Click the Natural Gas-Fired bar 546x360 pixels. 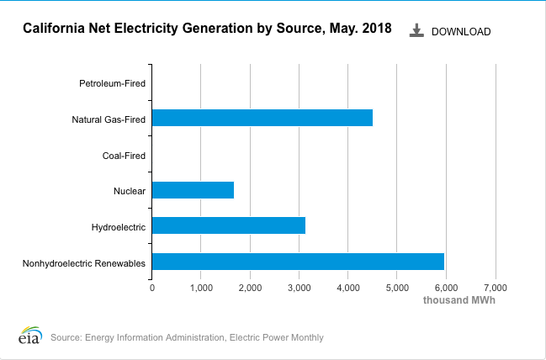[x=262, y=119]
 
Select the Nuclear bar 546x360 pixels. [x=193, y=191]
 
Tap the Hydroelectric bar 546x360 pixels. [x=228, y=226]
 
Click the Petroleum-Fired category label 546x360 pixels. [x=112, y=83]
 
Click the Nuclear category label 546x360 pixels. [x=130, y=192]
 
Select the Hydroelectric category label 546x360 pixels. [x=119, y=227]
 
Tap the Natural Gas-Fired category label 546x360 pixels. [x=109, y=119]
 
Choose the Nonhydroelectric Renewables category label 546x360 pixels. [x=84, y=263]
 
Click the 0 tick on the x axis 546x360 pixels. [x=152, y=288]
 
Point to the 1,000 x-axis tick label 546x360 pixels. [x=201, y=288]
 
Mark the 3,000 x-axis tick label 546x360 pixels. [x=299, y=288]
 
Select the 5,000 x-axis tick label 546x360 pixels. [x=397, y=288]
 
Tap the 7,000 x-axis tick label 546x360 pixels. [x=496, y=288]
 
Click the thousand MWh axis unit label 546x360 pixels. [x=459, y=300]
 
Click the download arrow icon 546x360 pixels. [x=416, y=30]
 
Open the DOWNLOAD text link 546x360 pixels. [x=461, y=32]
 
